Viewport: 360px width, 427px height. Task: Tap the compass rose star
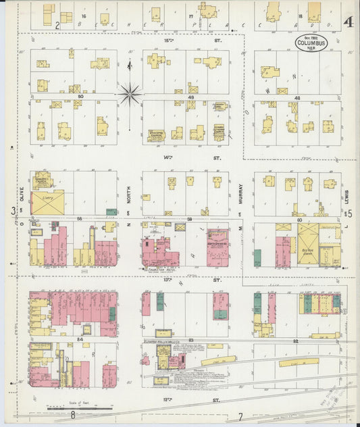[130, 93]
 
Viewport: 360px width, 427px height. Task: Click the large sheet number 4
[346, 22]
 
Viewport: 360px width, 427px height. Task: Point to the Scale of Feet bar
[80, 407]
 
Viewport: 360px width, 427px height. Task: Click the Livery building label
[47, 199]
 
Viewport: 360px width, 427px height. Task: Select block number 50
[80, 97]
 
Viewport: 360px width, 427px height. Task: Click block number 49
[191, 97]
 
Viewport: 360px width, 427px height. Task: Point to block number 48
[297, 97]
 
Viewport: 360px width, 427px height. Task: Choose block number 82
[296, 341]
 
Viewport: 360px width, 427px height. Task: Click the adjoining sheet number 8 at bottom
[73, 416]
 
